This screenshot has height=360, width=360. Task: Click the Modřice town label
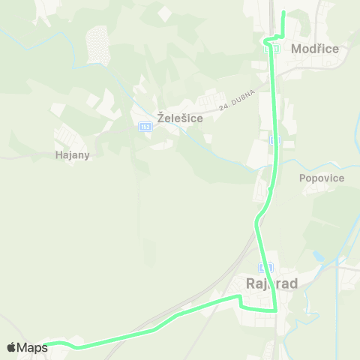[x=315, y=49]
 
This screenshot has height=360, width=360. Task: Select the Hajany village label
[x=73, y=156]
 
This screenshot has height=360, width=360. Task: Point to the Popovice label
[x=321, y=178]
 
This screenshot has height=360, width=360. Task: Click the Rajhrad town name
[x=272, y=284]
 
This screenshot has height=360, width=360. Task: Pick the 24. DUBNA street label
[x=238, y=101]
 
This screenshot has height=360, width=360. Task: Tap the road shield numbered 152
[x=145, y=127]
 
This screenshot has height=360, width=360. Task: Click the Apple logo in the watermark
[x=11, y=347]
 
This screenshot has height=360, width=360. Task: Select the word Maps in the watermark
[x=32, y=347]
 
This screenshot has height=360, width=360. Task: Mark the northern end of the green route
[x=283, y=13]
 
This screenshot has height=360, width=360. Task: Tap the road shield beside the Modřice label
[x=274, y=49]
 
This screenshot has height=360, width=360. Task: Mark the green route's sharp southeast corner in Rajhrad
[x=275, y=309]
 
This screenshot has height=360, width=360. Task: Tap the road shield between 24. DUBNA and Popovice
[x=275, y=140]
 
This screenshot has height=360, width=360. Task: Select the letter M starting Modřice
[x=295, y=49]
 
